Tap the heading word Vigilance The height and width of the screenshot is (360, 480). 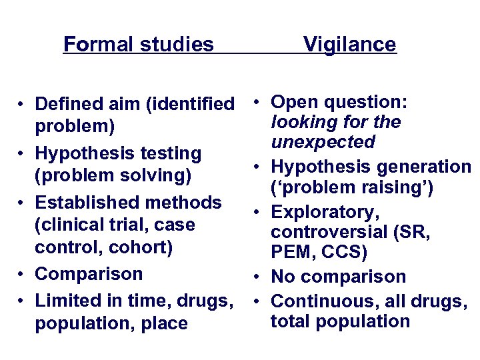coord(349,45)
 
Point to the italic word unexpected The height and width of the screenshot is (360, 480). coord(323,143)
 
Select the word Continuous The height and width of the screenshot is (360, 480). coord(321,301)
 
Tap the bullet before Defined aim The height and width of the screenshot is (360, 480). coord(22,105)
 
